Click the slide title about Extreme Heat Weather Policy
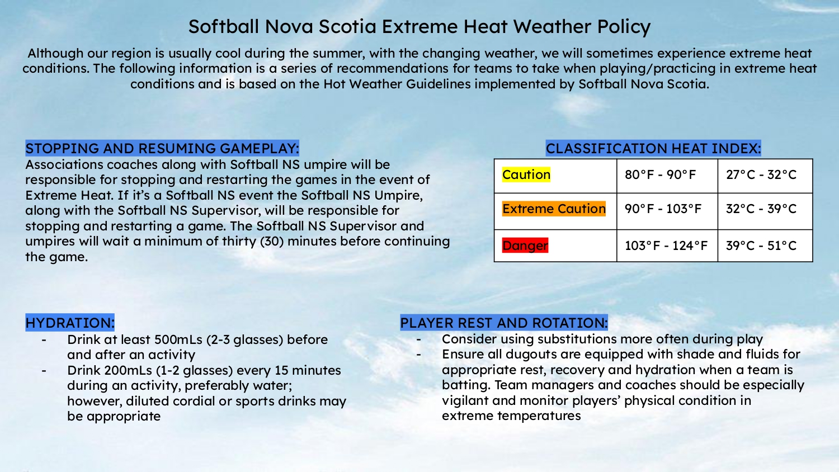[419, 27]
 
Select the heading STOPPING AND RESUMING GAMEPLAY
[162, 148]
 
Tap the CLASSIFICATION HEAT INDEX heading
[653, 148]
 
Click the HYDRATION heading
[70, 323]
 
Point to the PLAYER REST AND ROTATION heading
[504, 323]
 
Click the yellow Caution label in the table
[526, 174]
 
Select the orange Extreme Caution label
[554, 209]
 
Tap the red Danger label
[525, 246]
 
